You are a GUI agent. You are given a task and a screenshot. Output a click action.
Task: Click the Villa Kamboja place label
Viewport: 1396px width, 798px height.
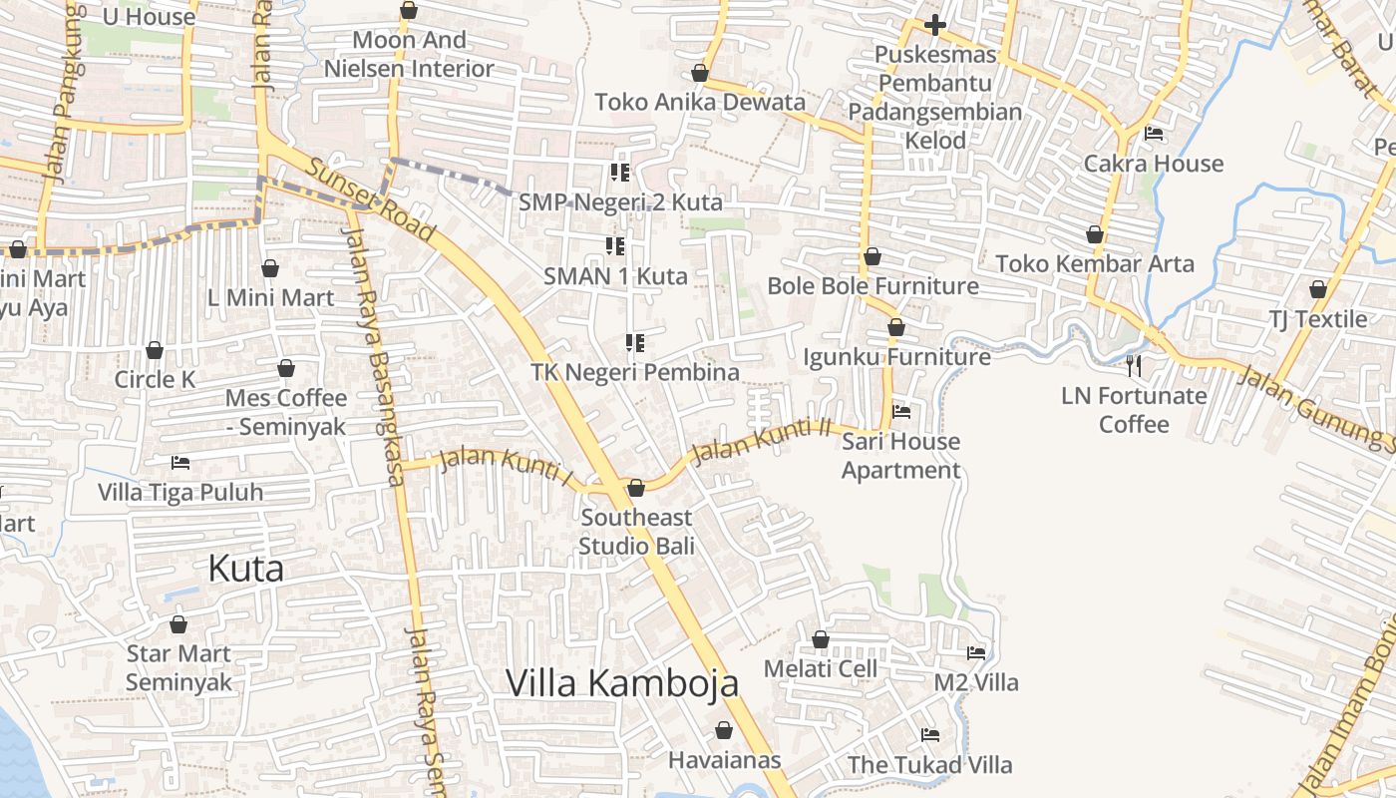(622, 683)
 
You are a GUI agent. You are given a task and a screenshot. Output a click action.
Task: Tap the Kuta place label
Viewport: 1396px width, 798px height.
(245, 569)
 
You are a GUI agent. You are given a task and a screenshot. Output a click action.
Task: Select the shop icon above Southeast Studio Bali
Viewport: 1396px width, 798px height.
(636, 488)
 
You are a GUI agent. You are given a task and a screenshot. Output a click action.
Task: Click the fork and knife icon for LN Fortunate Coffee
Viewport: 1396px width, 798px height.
(1133, 366)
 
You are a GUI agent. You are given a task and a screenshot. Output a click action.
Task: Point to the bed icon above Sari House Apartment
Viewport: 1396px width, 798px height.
(901, 411)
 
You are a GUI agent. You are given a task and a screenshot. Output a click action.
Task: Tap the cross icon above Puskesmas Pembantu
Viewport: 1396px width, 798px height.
(934, 24)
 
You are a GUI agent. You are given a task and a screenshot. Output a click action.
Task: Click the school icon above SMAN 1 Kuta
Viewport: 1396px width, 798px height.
(615, 245)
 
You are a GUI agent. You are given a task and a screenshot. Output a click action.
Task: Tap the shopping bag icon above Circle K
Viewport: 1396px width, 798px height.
(155, 350)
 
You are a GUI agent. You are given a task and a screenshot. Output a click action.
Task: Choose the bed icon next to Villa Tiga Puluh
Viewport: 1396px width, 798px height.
(180, 463)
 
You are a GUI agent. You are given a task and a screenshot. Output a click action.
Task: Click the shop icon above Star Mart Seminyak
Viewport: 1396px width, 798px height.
(178, 624)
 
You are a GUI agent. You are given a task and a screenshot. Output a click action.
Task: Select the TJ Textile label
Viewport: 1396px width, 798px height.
(1317, 319)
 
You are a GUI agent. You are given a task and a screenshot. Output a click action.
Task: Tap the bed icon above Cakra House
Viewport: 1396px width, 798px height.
(1154, 134)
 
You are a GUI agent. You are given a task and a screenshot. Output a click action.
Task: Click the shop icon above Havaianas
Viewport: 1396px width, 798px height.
(724, 730)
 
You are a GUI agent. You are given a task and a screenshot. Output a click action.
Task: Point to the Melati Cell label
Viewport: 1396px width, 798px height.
(821, 668)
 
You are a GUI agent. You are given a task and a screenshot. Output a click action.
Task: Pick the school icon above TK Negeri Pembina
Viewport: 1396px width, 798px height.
(634, 343)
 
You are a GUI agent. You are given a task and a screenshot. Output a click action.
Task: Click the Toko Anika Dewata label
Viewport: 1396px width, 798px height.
(700, 102)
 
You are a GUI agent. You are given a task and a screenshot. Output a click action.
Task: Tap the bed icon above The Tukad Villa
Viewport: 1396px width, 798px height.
(930, 736)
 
